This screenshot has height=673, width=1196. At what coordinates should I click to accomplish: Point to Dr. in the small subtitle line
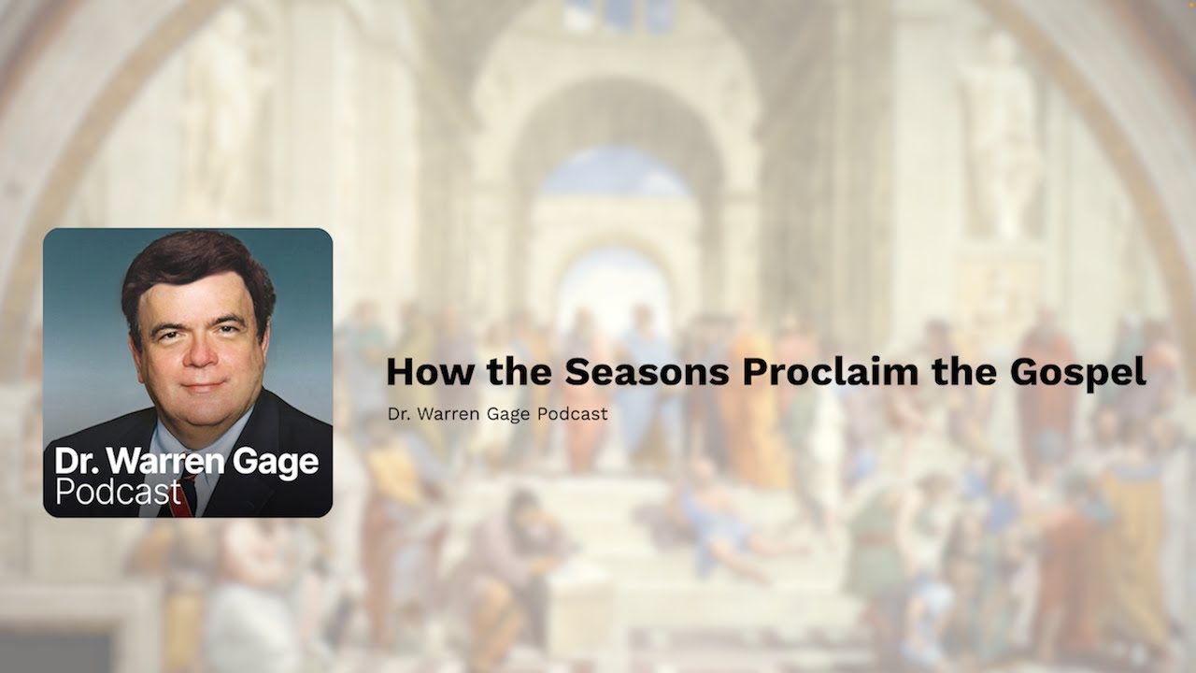click(396, 413)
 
